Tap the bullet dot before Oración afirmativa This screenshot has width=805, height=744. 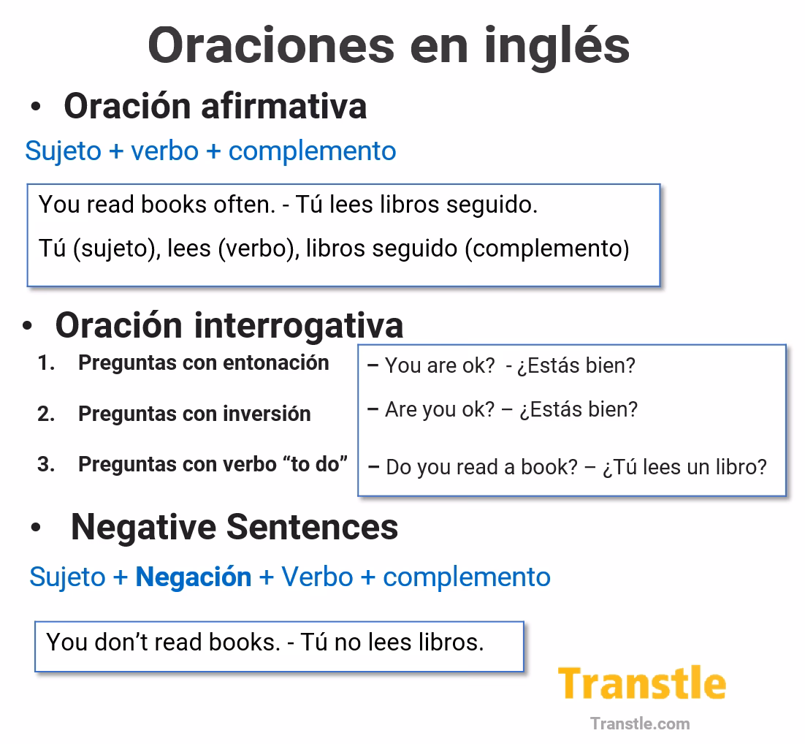36,107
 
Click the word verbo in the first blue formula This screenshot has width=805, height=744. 164,151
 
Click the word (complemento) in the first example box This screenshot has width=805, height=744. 547,248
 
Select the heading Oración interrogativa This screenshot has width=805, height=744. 229,325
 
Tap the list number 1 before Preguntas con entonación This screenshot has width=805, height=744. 46,363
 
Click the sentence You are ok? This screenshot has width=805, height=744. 440,365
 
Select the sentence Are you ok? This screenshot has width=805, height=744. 440,409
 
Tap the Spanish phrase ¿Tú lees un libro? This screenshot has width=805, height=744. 684,467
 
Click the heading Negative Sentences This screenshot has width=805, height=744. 234,527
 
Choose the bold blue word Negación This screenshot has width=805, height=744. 194,577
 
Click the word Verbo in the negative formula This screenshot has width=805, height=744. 317,577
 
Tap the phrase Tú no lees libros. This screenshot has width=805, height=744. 392,642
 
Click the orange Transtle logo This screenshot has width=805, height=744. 642,684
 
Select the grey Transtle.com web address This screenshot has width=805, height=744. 640,724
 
